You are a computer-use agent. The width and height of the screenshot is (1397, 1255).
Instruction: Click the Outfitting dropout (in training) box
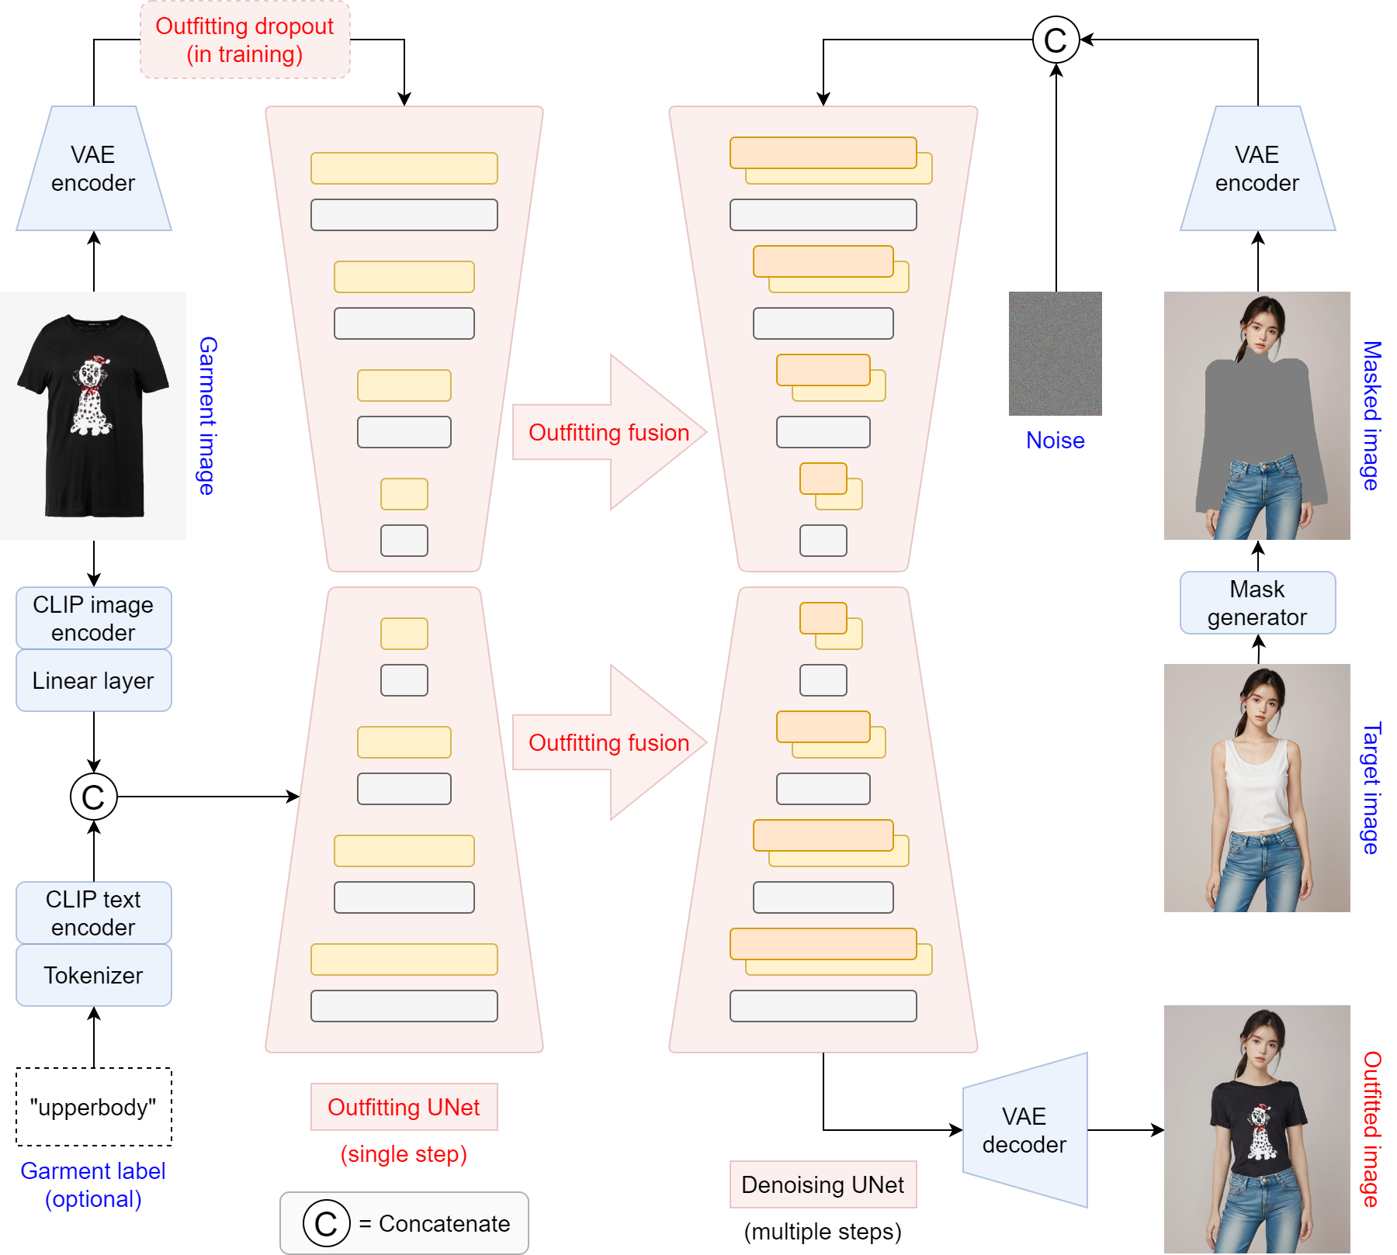pyautogui.click(x=244, y=40)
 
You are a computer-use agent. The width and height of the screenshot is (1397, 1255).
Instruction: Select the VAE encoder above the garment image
pyautogui.click(x=93, y=169)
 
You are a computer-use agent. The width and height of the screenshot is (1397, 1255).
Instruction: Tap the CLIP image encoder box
pyautogui.click(x=93, y=618)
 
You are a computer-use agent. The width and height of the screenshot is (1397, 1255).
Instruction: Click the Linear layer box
pyautogui.click(x=93, y=680)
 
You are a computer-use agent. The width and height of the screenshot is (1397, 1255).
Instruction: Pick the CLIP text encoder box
pyautogui.click(x=93, y=913)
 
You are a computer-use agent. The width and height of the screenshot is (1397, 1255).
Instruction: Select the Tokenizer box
pyautogui.click(x=93, y=975)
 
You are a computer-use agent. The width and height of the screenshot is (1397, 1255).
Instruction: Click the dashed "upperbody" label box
pyautogui.click(x=93, y=1107)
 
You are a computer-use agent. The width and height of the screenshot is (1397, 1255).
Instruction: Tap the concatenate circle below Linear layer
pyautogui.click(x=93, y=797)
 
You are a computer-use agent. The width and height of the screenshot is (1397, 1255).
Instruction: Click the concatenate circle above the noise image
pyautogui.click(x=1056, y=40)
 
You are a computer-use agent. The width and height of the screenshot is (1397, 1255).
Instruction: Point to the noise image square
pyautogui.click(x=1056, y=354)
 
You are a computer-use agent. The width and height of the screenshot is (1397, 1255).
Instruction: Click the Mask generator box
pyautogui.click(x=1257, y=603)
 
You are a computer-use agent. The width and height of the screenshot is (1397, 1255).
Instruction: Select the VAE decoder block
pyautogui.click(x=1024, y=1130)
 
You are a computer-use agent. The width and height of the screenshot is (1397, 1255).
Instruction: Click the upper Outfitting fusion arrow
pyautogui.click(x=609, y=432)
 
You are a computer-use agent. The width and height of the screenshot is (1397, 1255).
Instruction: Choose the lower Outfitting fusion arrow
pyautogui.click(x=609, y=742)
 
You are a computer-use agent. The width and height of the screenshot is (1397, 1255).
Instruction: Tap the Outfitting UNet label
pyautogui.click(x=404, y=1107)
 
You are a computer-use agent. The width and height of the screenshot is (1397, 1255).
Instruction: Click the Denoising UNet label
pyautogui.click(x=823, y=1184)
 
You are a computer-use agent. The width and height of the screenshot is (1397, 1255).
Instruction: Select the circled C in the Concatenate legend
pyautogui.click(x=326, y=1223)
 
